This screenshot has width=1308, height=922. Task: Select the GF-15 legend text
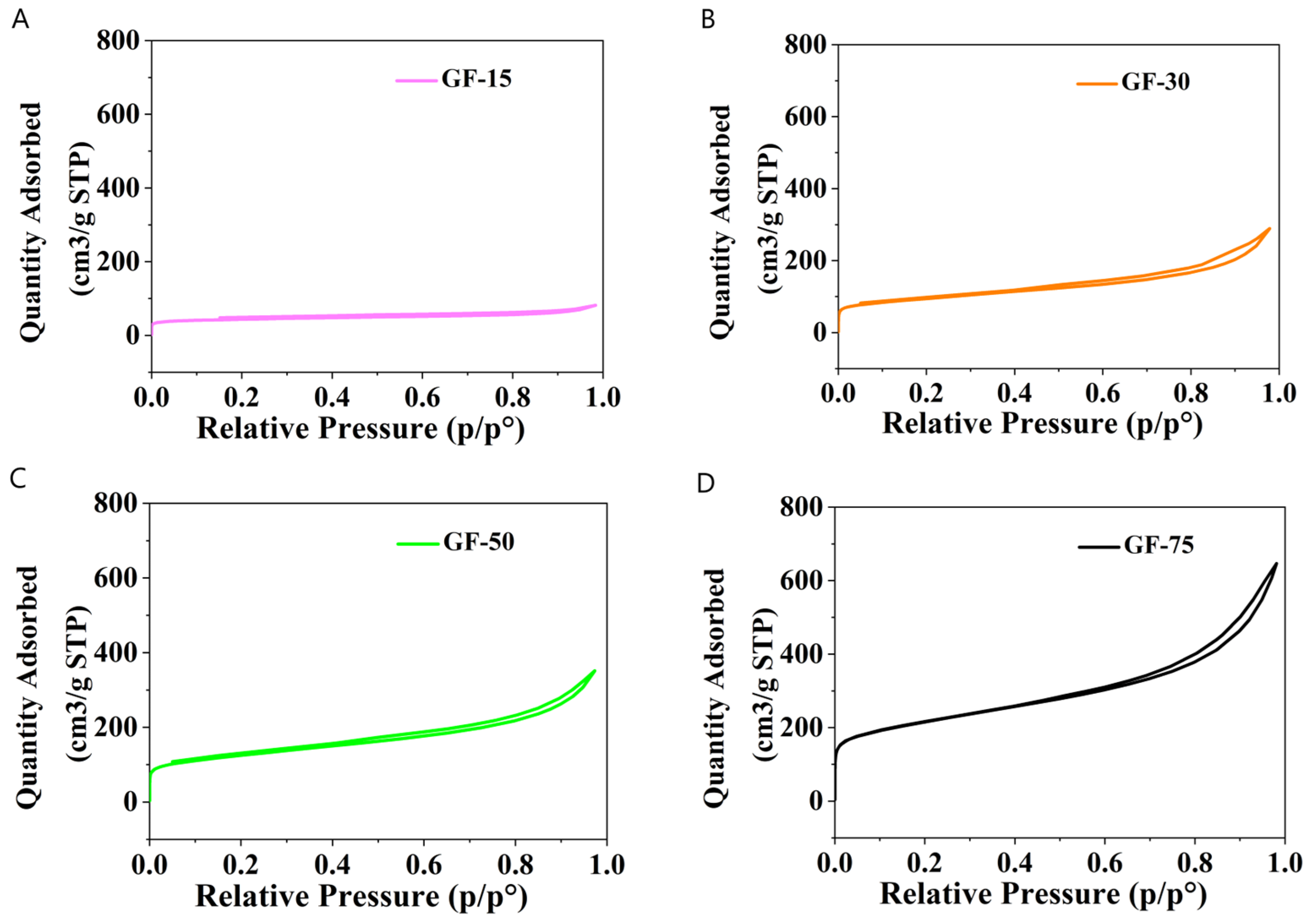click(476, 79)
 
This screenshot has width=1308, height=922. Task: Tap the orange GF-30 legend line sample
click(1097, 83)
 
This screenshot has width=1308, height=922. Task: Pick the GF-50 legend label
click(478, 542)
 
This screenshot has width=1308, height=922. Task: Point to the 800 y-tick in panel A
click(117, 41)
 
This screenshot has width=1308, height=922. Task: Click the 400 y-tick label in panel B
click(804, 188)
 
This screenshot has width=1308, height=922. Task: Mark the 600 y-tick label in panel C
click(116, 578)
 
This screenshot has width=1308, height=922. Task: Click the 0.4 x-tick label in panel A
click(332, 397)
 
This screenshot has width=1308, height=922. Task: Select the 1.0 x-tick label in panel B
click(1278, 393)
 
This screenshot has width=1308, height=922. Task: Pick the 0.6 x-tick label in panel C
click(423, 865)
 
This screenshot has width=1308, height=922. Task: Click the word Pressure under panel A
click(378, 428)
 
